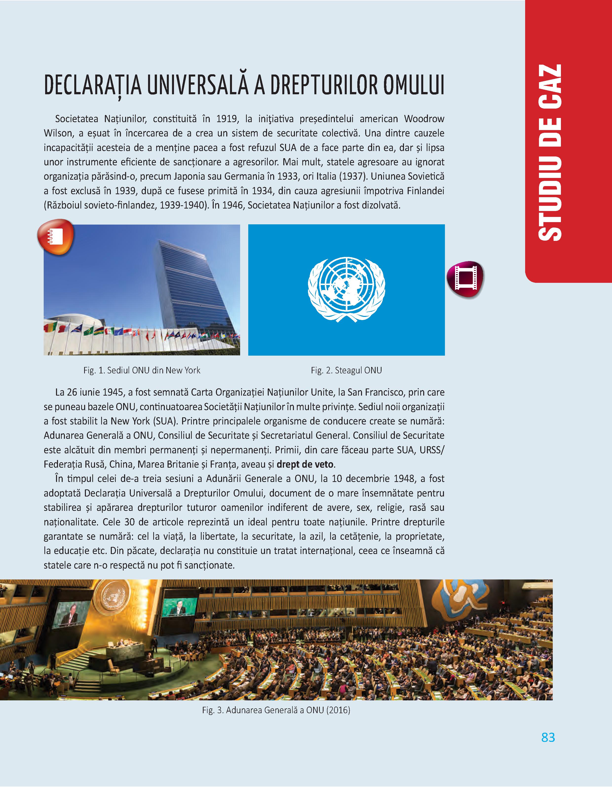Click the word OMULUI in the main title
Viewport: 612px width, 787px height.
click(x=413, y=85)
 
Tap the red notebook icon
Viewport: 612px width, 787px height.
click(x=56, y=237)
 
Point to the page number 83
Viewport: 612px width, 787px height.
click(x=548, y=737)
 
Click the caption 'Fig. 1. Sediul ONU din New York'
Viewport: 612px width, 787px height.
click(x=142, y=370)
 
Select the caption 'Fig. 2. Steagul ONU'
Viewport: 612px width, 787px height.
click(x=346, y=370)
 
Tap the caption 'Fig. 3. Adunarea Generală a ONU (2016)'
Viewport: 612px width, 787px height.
click(x=276, y=710)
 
